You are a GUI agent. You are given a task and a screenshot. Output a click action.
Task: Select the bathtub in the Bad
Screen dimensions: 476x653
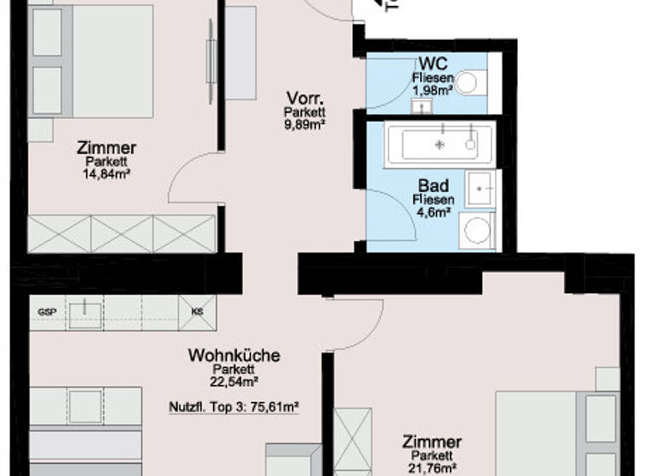tap(439, 145)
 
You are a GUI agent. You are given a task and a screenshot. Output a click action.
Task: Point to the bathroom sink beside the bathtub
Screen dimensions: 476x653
tap(484, 188)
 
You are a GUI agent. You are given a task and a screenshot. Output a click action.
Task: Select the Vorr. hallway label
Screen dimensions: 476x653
tap(304, 98)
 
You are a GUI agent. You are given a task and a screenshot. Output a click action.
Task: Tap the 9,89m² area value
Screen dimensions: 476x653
tap(305, 124)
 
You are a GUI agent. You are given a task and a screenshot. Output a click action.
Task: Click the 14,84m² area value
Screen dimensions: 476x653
tap(106, 174)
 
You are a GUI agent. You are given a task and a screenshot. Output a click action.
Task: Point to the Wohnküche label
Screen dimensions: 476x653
tap(233, 355)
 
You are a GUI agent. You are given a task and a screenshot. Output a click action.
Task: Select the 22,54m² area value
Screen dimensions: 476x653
tap(234, 382)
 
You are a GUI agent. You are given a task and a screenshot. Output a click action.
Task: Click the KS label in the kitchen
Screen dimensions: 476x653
tap(197, 312)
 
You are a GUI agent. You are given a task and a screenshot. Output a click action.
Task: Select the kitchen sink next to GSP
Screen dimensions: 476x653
tap(85, 313)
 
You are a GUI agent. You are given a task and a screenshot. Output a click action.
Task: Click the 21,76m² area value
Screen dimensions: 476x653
tap(432, 467)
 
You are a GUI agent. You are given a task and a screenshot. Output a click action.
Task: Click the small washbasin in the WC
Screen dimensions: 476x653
tap(420, 106)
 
